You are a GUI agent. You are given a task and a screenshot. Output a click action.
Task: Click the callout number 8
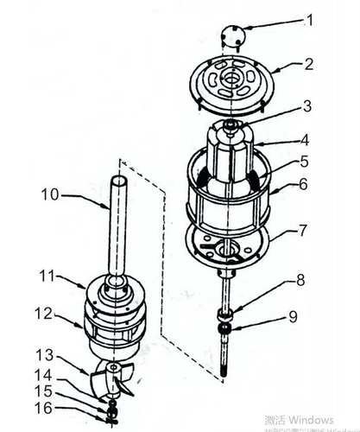pos(300,279)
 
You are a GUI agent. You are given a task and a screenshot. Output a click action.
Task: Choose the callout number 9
pos(293,316)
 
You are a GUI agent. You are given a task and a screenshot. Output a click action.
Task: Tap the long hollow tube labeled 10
pos(118,225)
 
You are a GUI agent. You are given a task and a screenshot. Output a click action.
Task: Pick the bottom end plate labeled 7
pos(229,248)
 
